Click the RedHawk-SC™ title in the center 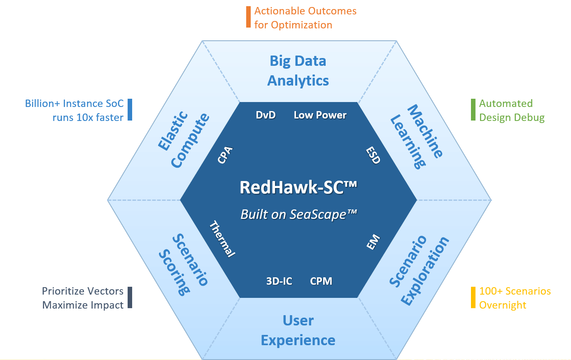[298, 188]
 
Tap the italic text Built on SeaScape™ [298, 214]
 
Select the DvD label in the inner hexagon [266, 115]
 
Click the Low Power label [320, 115]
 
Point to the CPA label [225, 155]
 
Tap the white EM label [373, 242]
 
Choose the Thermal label [222, 239]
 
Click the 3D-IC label [279, 281]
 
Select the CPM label [321, 281]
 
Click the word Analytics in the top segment [298, 81]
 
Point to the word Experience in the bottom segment [298, 341]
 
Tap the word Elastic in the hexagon [173, 131]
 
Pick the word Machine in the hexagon [425, 131]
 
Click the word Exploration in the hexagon [425, 271]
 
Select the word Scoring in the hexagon [174, 272]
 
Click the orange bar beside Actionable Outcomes [248, 17]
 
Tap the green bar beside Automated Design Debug [473, 109]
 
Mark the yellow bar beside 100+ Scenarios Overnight [473, 297]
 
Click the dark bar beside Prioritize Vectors [130, 297]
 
